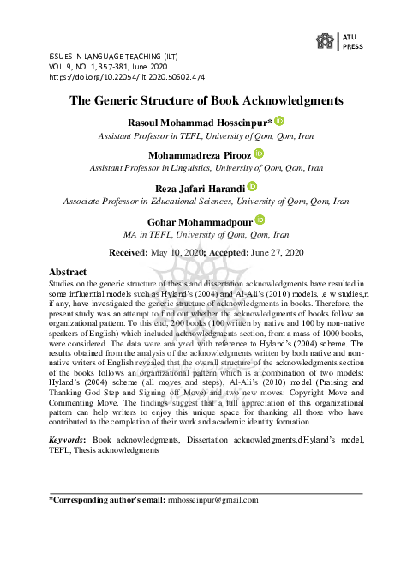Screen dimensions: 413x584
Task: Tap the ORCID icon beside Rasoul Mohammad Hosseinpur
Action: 278,123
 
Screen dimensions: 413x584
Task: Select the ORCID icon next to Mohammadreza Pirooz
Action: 259,154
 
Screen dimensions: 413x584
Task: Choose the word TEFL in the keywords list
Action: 60,449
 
